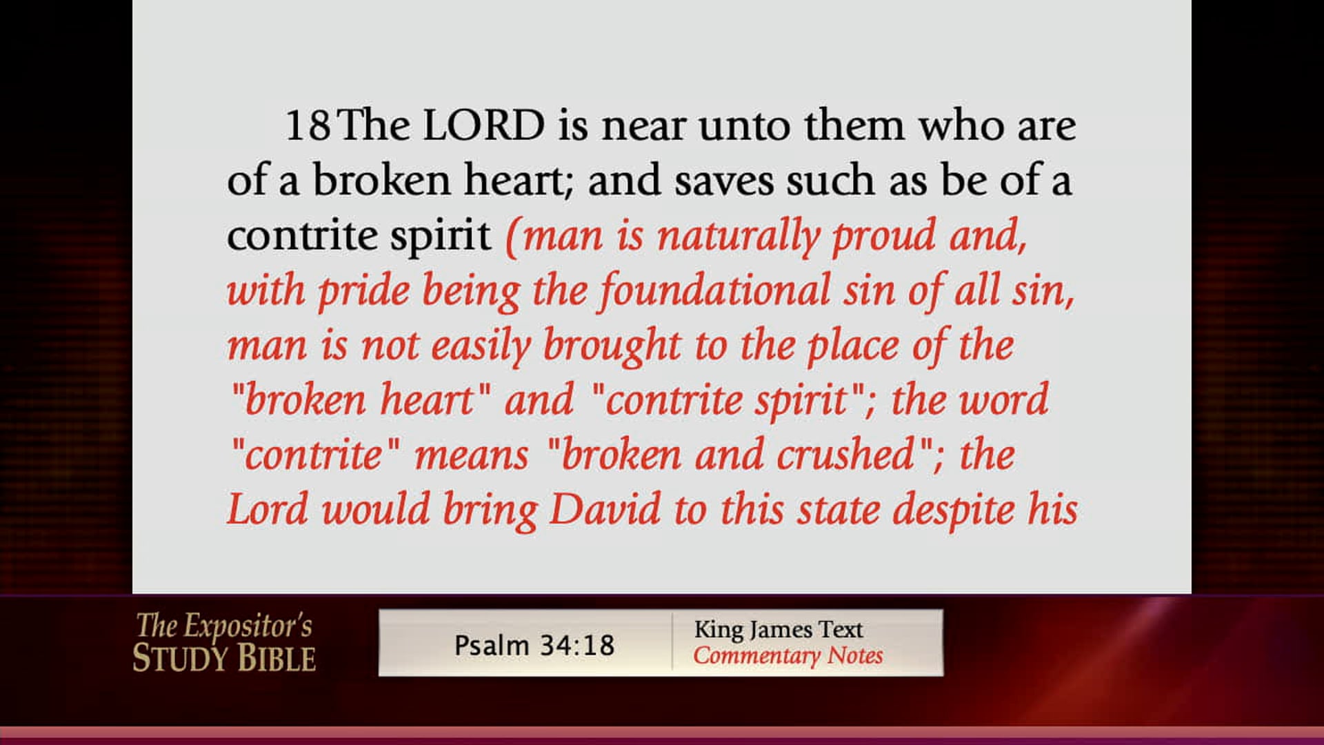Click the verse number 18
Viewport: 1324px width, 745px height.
coord(308,126)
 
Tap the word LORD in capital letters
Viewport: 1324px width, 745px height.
coord(483,126)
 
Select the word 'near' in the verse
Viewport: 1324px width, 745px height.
coord(644,127)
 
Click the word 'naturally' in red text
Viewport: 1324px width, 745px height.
coord(738,237)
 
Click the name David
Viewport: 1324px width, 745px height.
coord(605,510)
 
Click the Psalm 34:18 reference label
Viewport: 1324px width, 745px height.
coord(534,646)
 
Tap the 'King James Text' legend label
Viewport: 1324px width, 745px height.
coord(779,630)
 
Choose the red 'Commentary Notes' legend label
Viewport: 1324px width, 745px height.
coord(788,656)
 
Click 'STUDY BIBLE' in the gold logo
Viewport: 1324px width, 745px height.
coord(224,659)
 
